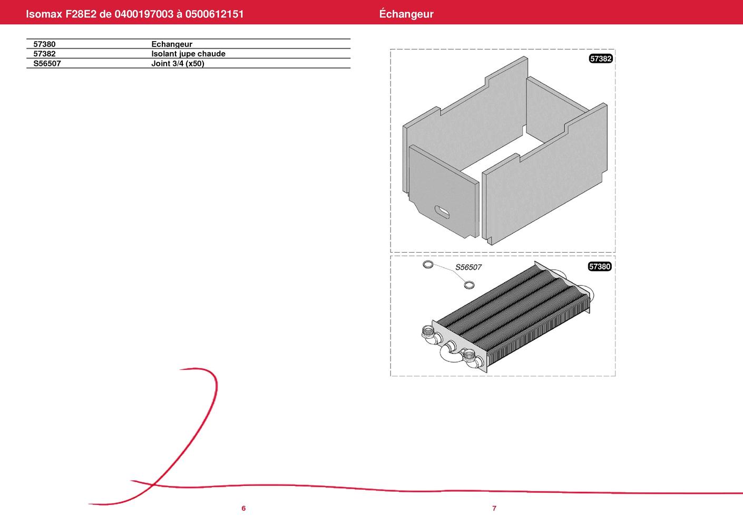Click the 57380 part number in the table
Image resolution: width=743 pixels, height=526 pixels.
coord(44,44)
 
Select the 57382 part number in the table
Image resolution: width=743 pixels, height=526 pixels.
coord(44,54)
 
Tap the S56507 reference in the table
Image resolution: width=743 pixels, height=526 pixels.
coord(47,63)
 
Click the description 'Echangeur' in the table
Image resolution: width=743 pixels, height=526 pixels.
coord(172,44)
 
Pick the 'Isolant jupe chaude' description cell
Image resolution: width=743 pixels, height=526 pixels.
coord(189,54)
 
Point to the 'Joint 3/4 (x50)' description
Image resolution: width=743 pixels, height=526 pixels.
coord(178,63)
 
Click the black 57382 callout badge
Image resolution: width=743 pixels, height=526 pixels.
coord(601,59)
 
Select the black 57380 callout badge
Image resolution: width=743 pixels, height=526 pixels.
coord(599,266)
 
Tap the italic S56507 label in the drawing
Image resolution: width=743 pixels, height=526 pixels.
coord(468,267)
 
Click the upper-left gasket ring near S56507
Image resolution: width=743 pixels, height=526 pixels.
coord(428,265)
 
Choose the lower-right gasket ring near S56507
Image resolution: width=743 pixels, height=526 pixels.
coord(469,285)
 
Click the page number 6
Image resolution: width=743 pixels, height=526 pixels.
coord(243,508)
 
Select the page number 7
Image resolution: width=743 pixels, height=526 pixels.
coord(494,508)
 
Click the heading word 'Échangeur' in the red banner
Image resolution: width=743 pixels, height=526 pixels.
coord(406,14)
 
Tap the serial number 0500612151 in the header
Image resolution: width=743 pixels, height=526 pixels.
coord(214,14)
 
